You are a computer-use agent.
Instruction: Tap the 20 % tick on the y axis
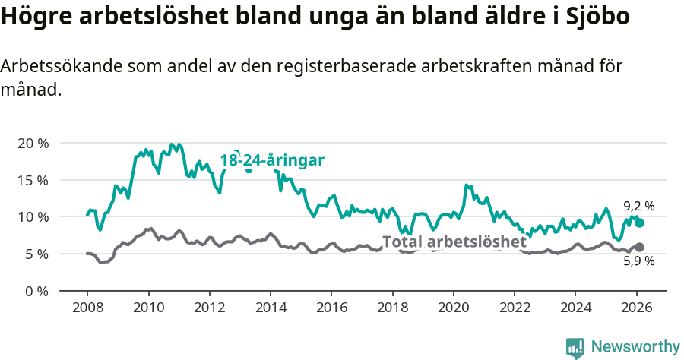click(32, 144)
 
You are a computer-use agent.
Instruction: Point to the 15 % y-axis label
click(32, 180)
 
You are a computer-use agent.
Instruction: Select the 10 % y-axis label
click(32, 217)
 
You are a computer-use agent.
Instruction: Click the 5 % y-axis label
click(36, 254)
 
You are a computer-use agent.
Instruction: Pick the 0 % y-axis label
click(36, 291)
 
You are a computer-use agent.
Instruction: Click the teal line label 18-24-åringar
click(272, 160)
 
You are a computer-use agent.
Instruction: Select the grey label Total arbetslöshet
click(454, 242)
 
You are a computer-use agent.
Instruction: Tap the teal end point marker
click(639, 223)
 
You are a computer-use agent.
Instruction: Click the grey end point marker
click(639, 247)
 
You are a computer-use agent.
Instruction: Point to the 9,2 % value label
click(638, 206)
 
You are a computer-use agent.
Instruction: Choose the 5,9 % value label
click(638, 261)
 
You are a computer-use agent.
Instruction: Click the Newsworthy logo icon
click(575, 347)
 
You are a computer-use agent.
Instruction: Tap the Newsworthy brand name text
click(635, 347)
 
